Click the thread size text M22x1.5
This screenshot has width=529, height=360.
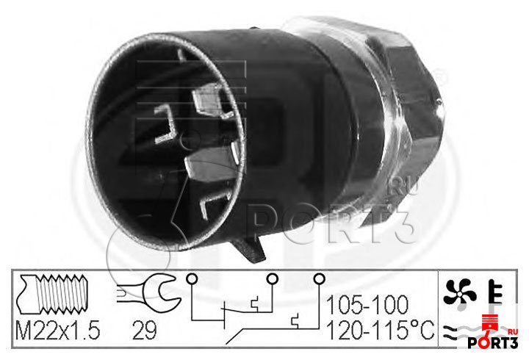[x=58, y=331]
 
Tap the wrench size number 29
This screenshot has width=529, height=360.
[x=144, y=331]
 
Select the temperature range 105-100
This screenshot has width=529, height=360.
[x=367, y=305]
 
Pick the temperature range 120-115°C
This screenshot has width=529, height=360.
[x=381, y=330]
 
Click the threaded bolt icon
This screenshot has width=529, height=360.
[x=54, y=294]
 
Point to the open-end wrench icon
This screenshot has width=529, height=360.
[x=148, y=289]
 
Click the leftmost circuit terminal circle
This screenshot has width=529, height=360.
[x=192, y=279]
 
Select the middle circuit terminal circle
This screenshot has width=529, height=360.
[x=272, y=279]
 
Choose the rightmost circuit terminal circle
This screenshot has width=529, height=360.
[x=319, y=279]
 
